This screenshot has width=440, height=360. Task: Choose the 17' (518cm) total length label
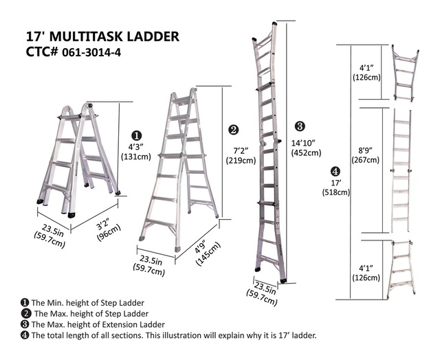(x=335, y=188)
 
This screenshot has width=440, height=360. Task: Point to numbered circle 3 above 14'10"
(x=299, y=126)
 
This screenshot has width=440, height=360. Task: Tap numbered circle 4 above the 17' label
(x=335, y=170)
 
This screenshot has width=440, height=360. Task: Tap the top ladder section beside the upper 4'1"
(x=404, y=73)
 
